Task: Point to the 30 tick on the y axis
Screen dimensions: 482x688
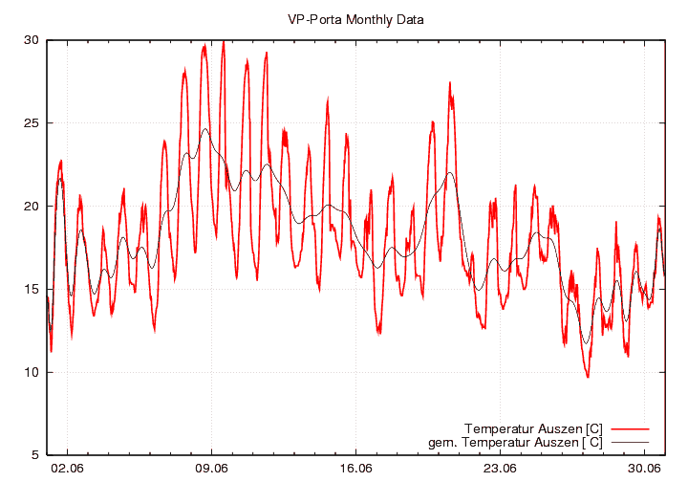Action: tap(32, 40)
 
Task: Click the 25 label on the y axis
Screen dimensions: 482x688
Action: tap(32, 123)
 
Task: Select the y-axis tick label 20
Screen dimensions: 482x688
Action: tap(32, 207)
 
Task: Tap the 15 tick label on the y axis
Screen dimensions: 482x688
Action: tap(32, 290)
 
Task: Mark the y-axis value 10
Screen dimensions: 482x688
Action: tap(32, 373)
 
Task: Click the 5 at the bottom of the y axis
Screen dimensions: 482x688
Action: tap(35, 455)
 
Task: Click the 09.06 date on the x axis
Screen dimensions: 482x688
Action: tap(211, 469)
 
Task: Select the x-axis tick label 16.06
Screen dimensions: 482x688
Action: tap(355, 469)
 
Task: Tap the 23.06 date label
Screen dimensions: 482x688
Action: tap(500, 469)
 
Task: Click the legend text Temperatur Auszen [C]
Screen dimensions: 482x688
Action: tap(532, 427)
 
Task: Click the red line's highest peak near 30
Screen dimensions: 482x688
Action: tap(223, 41)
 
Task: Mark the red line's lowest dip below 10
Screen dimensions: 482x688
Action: tap(588, 377)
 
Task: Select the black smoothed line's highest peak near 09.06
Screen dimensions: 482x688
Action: tap(204, 129)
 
